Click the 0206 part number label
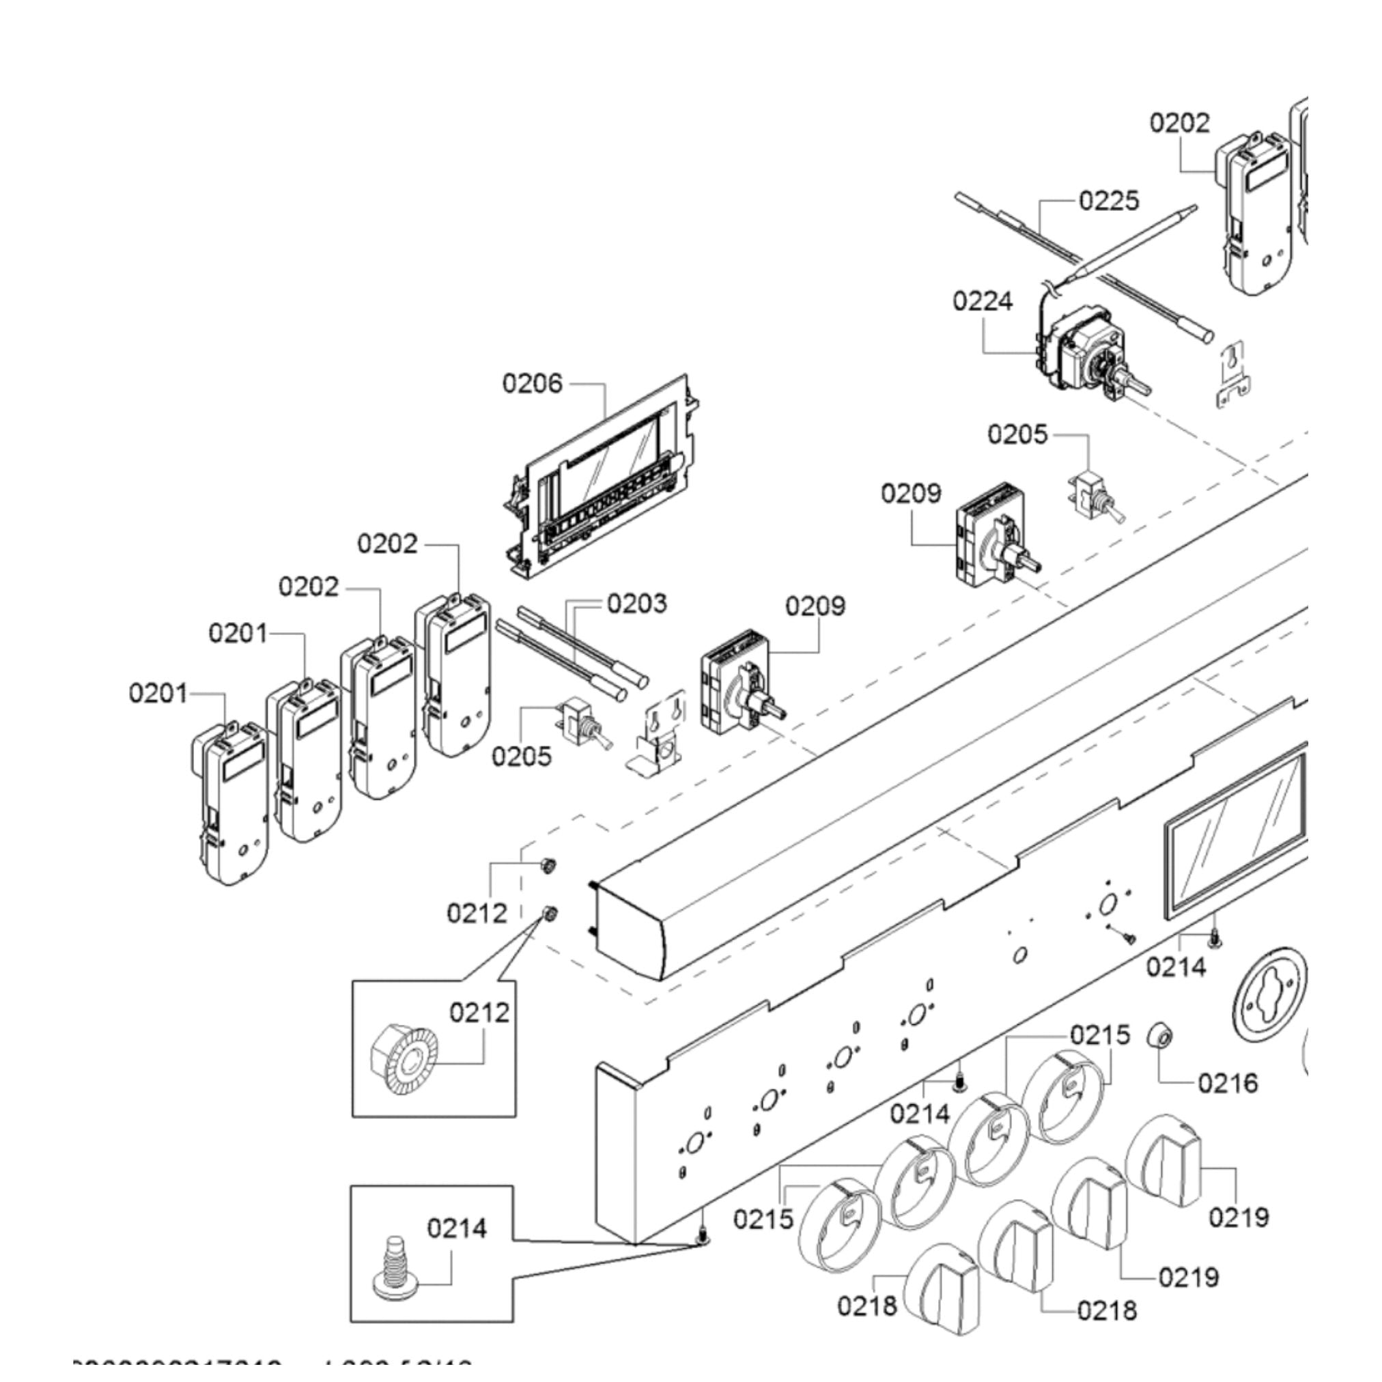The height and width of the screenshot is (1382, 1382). click(532, 384)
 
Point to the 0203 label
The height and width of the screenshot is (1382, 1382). click(636, 603)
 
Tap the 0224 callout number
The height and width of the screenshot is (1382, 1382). click(982, 301)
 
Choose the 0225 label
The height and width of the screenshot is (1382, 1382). click(1109, 201)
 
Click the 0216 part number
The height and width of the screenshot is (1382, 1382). click(1228, 1083)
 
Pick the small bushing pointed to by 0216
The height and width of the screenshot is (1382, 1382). click(1160, 1035)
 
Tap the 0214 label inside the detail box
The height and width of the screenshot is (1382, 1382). click(456, 1228)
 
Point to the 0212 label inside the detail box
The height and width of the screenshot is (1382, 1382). click(479, 1013)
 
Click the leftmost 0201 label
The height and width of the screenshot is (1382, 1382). click(158, 693)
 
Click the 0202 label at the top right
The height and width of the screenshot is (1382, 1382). click(1180, 123)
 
